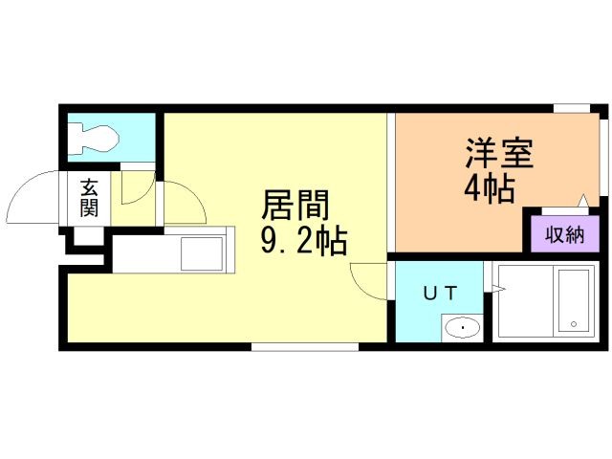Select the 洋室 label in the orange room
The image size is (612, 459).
[x=498, y=154]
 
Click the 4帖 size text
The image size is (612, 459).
[x=490, y=188]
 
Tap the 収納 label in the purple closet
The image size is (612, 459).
[x=564, y=234]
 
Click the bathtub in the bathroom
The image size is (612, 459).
[x=573, y=301]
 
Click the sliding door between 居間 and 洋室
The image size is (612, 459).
[x=391, y=182]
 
